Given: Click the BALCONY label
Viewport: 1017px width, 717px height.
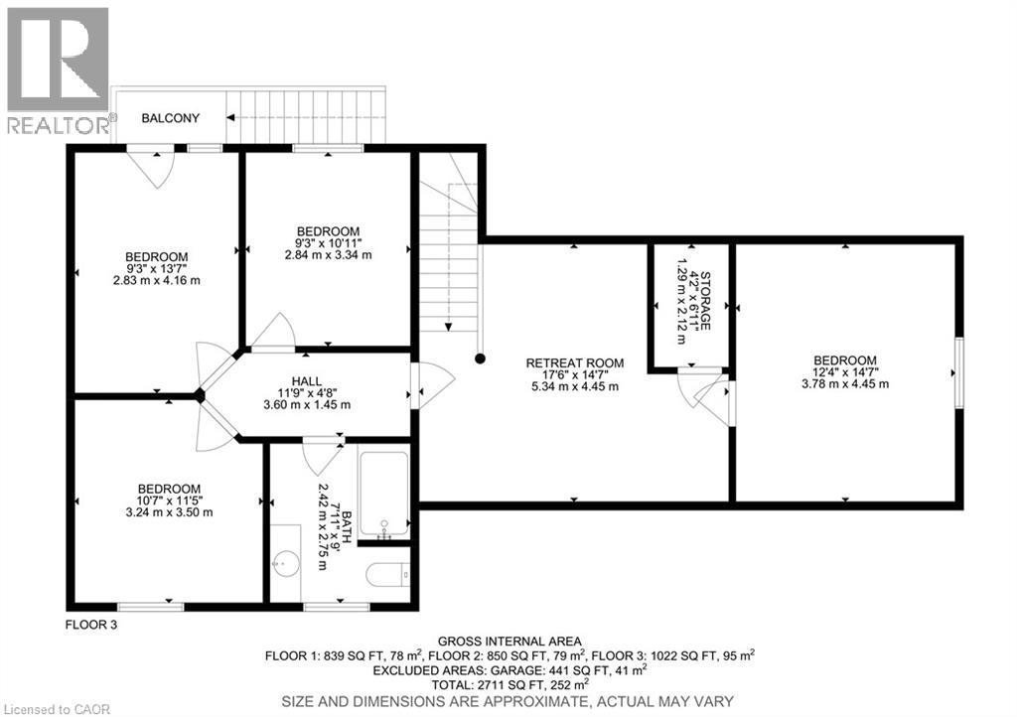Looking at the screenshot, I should [x=170, y=118].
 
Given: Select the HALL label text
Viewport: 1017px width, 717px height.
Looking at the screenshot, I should [x=306, y=381].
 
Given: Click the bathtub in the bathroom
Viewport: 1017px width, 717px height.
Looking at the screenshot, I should [x=383, y=493].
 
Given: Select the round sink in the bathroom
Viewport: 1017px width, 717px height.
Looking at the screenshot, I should [x=286, y=564].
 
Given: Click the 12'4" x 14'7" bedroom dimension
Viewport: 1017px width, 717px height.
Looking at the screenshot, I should [x=845, y=372].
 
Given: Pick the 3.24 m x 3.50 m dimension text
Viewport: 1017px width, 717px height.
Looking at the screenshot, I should [x=169, y=512].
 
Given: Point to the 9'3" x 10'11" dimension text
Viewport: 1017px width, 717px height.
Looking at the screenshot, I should [x=327, y=242].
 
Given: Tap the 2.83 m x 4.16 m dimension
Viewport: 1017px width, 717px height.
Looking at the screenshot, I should [x=156, y=280].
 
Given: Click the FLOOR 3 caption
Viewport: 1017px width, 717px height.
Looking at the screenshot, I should [x=91, y=625].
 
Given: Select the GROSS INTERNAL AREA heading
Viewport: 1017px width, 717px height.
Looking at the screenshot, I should [x=509, y=641].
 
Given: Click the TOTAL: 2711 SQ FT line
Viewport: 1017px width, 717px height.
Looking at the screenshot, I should [x=509, y=683].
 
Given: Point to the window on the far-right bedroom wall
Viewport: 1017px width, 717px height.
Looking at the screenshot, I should [x=959, y=372].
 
